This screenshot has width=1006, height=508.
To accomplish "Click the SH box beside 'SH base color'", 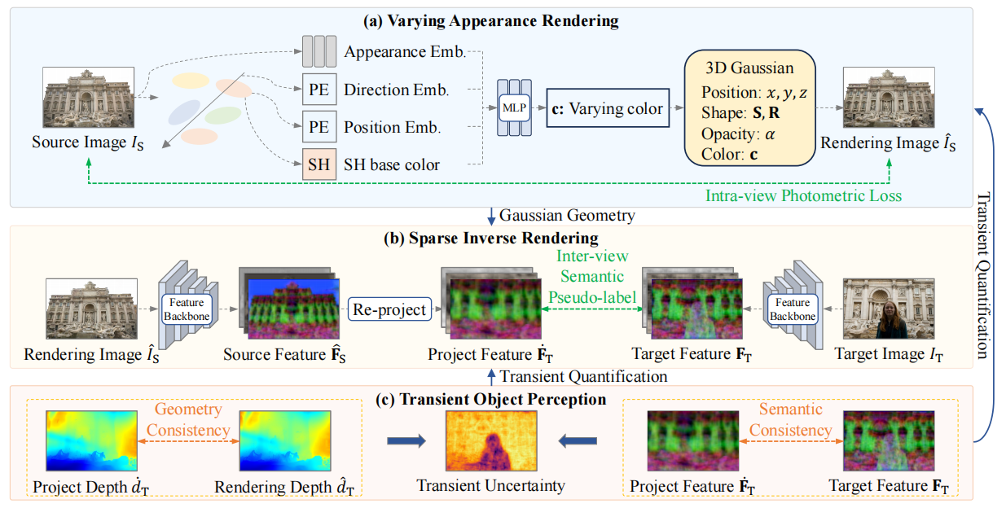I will (318, 164).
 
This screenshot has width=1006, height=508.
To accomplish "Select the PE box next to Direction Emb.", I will (318, 90).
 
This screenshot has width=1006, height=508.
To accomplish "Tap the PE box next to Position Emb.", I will (318, 127).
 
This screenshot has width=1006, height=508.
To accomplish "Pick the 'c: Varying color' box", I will (607, 108).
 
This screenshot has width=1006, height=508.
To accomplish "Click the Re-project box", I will (389, 309).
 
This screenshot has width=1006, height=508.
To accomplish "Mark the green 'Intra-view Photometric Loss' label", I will (802, 195).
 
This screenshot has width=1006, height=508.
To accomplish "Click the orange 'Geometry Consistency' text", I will (187, 420).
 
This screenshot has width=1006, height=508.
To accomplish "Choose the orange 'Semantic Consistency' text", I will (790, 419).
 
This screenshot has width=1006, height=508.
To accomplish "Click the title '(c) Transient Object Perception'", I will (492, 399).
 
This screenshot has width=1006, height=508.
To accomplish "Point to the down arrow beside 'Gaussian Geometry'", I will (490, 216).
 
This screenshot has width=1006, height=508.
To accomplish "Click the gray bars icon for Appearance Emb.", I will (318, 51).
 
